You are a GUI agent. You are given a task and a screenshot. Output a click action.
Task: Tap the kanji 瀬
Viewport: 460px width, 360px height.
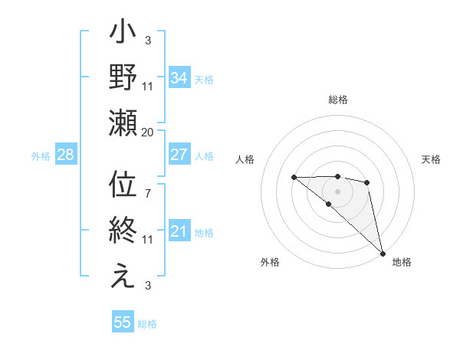pos(123,123)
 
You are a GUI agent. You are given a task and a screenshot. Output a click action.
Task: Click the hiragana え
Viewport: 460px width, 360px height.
pos(123,276)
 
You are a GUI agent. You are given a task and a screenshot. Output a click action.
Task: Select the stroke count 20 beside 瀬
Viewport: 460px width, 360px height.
pos(148,132)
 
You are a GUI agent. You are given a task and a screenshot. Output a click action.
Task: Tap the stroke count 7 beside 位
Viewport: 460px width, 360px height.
pos(148,185)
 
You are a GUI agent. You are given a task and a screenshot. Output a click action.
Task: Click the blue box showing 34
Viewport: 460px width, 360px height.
pos(179,78)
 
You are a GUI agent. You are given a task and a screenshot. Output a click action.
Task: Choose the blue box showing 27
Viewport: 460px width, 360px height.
pos(179,155)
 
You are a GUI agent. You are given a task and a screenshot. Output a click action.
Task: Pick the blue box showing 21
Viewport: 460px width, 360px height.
pos(179,231)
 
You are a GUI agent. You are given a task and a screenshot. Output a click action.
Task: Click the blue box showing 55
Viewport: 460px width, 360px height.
pos(123,322)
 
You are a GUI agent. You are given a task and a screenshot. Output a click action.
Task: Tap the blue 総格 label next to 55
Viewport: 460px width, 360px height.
pos(147,324)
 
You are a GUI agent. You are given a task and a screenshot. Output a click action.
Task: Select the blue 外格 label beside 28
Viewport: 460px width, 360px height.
pos(41,156)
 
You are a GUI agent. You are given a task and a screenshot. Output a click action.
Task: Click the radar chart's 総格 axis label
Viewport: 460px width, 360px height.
pos(338,100)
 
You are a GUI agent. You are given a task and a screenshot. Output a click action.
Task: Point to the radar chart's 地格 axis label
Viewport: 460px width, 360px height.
pos(402,262)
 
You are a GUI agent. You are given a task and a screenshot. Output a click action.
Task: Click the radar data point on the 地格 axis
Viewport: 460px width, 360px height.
pos(383,253)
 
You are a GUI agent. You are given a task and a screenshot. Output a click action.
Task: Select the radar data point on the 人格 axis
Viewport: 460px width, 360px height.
pos(294,178)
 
